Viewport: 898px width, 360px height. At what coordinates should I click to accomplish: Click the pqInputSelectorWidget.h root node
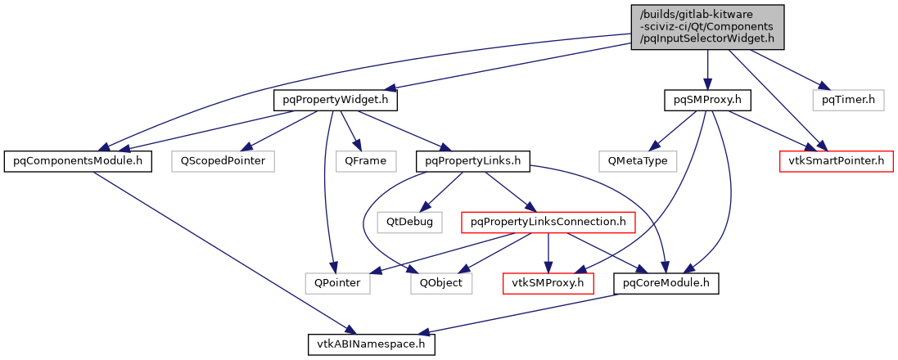point(707,27)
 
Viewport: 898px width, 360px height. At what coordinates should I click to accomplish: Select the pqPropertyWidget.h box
point(335,101)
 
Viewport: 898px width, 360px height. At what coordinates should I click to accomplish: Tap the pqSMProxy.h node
point(707,101)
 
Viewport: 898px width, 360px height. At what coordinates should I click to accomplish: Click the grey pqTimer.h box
point(849,101)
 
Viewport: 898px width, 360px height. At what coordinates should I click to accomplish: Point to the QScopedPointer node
point(223,160)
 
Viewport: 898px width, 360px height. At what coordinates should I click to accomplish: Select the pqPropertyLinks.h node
point(474,160)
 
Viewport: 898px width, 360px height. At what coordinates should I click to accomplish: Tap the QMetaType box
point(638,160)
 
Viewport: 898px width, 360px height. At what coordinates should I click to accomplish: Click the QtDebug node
point(410,221)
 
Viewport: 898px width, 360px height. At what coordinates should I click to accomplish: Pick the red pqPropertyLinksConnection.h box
point(548,221)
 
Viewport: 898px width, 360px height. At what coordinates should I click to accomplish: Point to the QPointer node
point(337,283)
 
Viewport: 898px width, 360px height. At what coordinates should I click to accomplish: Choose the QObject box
point(441,283)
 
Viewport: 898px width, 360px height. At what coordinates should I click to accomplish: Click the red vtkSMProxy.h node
point(548,283)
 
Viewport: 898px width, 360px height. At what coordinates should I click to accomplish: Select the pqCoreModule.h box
point(666,283)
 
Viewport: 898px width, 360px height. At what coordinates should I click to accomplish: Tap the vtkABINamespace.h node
point(372,344)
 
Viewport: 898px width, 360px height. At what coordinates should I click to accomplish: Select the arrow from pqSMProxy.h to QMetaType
point(674,130)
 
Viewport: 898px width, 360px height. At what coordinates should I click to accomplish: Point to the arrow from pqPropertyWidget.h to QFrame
point(350,130)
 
